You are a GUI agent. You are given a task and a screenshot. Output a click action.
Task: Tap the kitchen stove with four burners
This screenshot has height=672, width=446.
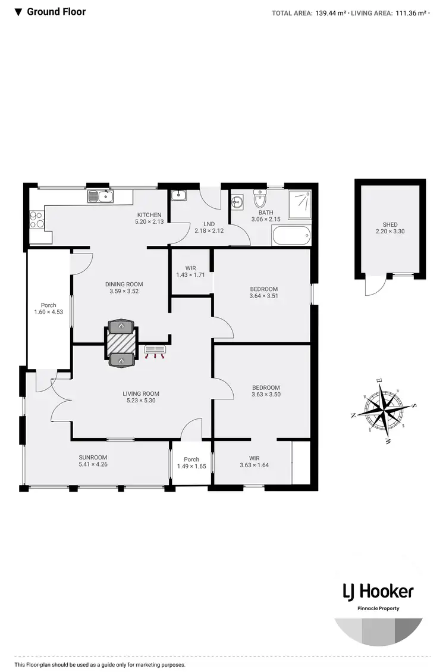point(35,220)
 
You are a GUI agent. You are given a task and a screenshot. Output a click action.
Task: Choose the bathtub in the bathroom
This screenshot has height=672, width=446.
point(291,235)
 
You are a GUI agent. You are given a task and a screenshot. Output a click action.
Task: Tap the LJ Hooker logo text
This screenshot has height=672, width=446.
point(378,591)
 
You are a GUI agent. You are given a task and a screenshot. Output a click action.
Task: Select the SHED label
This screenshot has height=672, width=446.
point(390,224)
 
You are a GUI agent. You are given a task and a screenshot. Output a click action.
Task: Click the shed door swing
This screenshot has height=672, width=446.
point(373,288)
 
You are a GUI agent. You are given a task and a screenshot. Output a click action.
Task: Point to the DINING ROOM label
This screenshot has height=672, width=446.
point(124,285)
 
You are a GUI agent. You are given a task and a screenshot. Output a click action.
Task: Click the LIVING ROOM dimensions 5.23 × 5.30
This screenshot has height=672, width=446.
point(141,401)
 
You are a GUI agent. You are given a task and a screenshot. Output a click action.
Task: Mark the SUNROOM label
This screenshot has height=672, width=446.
point(93,457)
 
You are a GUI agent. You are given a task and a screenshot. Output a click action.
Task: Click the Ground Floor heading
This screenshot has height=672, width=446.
point(56,12)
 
